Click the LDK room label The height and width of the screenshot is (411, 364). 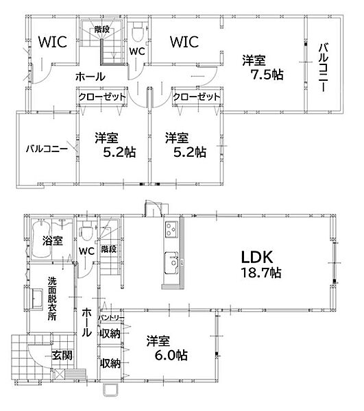click(x=257, y=258)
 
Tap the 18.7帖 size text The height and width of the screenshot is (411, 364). click(x=261, y=273)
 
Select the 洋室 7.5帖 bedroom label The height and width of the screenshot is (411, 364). click(x=263, y=68)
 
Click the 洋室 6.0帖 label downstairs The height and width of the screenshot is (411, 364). click(x=167, y=349)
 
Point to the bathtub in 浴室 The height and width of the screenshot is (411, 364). click(x=41, y=239)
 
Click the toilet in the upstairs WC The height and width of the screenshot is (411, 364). click(x=137, y=32)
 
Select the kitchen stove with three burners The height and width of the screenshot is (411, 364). click(x=171, y=229)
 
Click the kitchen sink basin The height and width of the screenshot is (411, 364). click(x=171, y=262)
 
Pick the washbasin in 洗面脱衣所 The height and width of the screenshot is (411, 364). click(x=37, y=299)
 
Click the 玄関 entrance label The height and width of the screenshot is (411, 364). click(x=62, y=356)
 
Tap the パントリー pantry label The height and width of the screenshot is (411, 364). click(x=111, y=318)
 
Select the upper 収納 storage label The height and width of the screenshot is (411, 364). click(x=110, y=334)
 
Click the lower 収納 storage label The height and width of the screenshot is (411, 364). click(x=110, y=363)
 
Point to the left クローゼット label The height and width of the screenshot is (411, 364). click(x=102, y=97)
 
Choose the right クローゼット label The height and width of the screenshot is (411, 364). click(x=197, y=97)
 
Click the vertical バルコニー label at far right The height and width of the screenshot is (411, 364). click(x=324, y=68)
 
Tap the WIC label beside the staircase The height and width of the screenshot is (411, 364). click(x=53, y=42)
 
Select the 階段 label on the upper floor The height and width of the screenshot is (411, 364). click(x=101, y=29)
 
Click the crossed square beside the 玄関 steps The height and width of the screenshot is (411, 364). click(x=60, y=373)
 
